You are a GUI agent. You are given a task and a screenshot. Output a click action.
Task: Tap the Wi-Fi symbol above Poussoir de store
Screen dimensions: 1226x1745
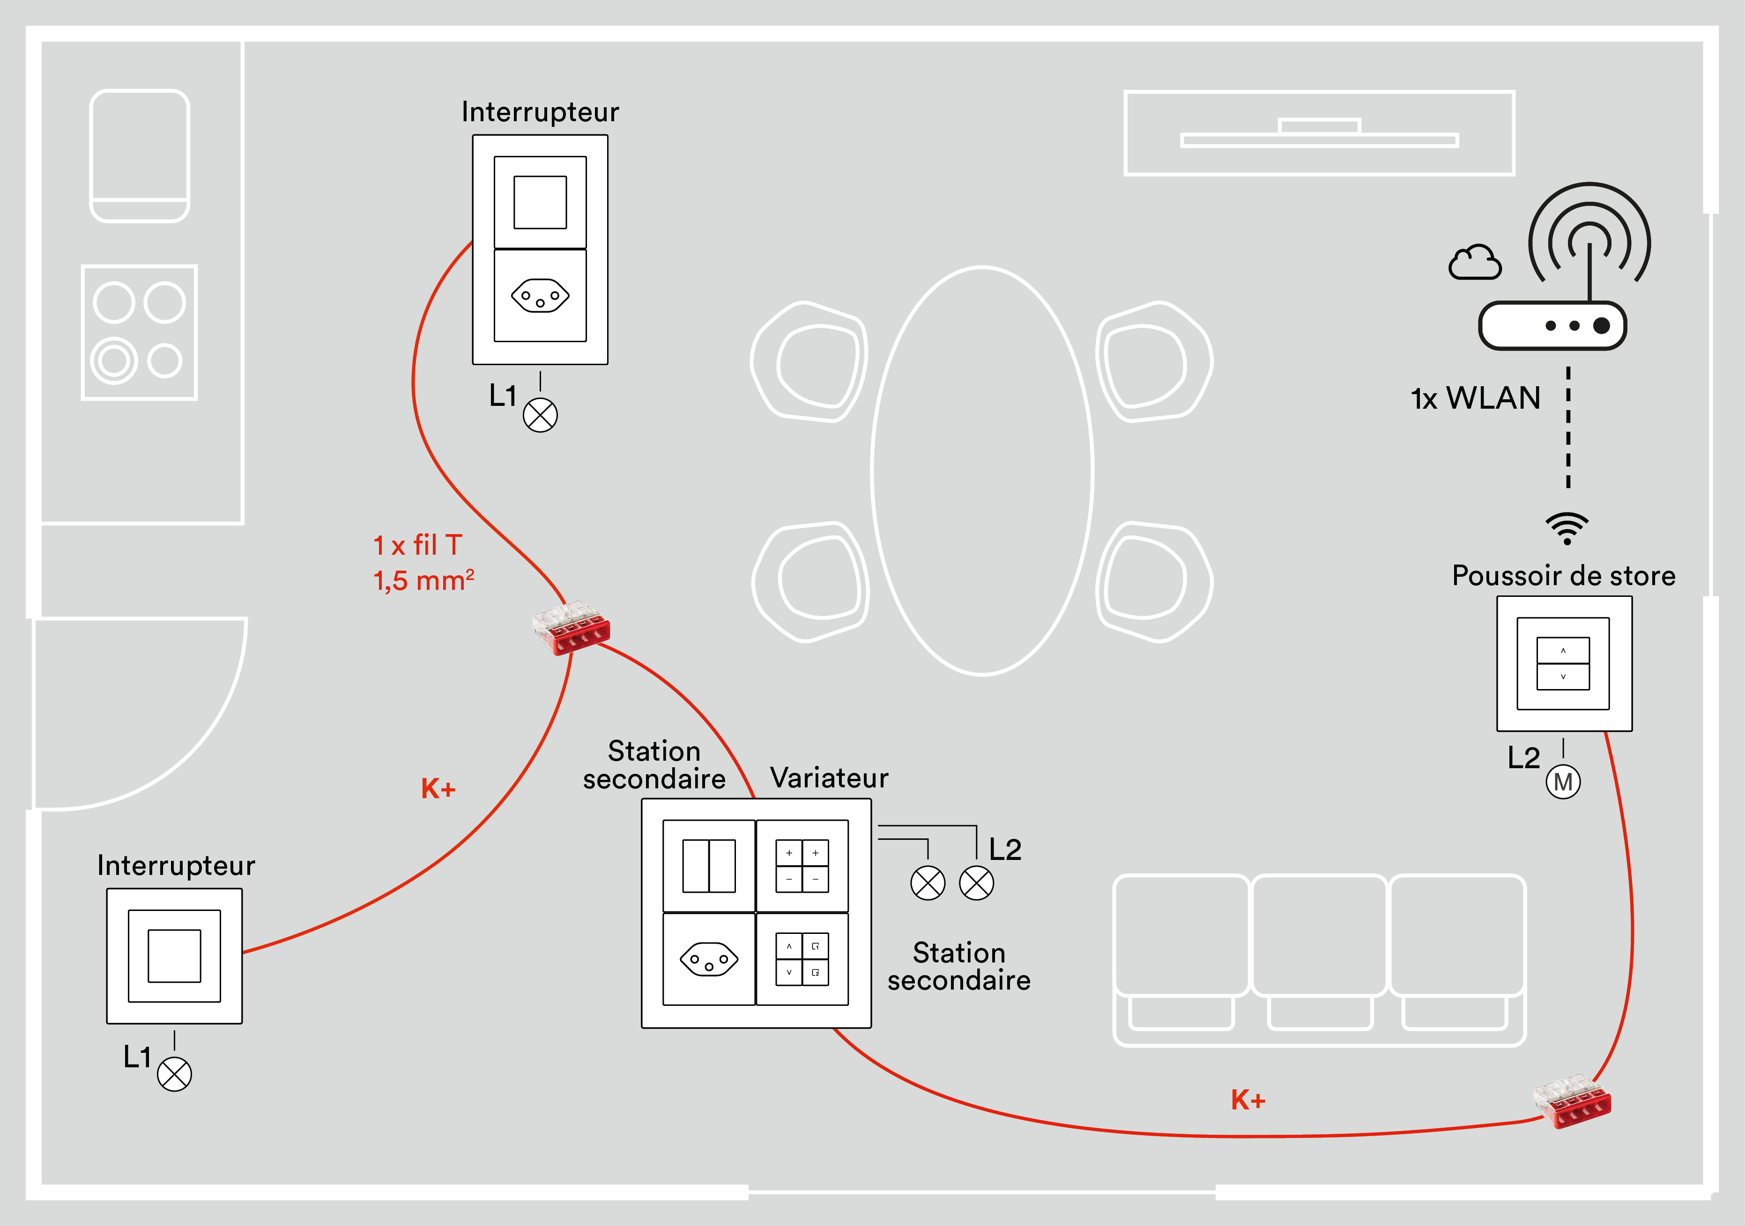(1567, 529)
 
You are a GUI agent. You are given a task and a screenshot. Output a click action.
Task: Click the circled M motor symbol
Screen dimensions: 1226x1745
(1563, 782)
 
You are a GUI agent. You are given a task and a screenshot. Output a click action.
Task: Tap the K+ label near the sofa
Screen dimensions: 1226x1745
(1248, 1099)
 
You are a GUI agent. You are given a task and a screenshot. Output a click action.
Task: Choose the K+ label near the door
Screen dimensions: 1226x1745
(438, 788)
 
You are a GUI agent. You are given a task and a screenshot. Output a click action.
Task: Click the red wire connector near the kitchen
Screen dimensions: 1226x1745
(571, 627)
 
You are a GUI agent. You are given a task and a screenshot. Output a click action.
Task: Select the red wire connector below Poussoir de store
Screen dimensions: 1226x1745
(1572, 1101)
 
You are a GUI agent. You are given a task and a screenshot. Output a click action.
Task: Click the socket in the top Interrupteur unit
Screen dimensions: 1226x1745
(540, 295)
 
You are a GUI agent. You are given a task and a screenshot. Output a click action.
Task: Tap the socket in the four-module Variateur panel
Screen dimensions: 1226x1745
(708, 959)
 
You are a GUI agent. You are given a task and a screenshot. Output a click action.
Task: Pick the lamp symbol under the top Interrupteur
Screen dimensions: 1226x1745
(540, 416)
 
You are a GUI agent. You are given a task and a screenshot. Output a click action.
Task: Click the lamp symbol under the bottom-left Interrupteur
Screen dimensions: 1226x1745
(174, 1074)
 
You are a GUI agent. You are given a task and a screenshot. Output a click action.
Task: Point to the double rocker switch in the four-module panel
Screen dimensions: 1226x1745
(708, 866)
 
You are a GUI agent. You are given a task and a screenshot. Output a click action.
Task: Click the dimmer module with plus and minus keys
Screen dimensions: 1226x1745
(802, 866)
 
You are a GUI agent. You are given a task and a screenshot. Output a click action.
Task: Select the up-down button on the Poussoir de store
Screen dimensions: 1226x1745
(1563, 663)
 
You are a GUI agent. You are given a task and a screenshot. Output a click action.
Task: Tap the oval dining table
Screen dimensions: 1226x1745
(981, 471)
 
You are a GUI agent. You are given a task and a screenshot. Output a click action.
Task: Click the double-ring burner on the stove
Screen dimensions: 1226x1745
(114, 361)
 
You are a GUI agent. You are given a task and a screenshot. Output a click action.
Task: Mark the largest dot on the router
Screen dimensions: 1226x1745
(1601, 326)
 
